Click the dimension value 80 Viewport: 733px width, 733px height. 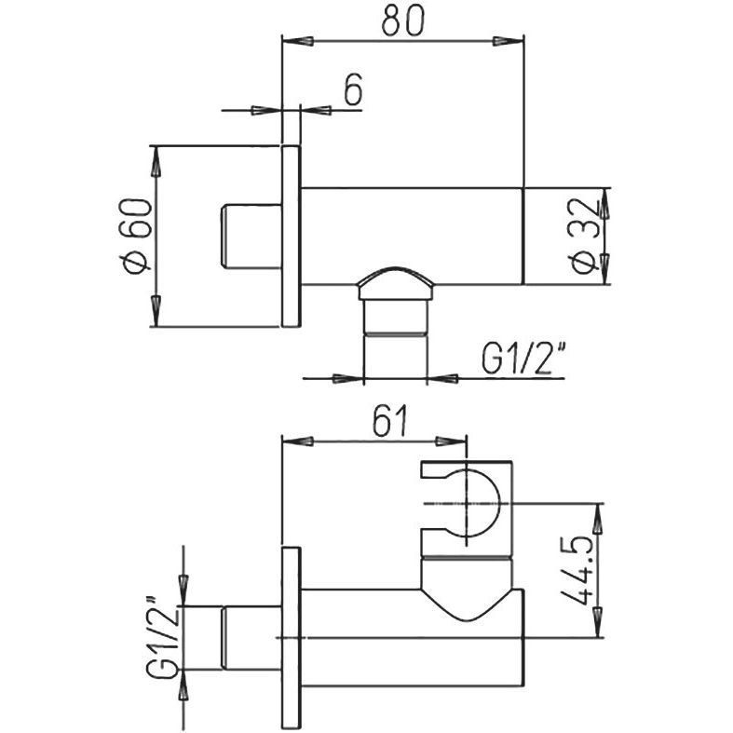[402, 21]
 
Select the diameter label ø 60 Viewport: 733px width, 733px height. [137, 236]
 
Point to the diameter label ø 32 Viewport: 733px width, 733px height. [584, 236]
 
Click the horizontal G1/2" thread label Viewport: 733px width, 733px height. [524, 359]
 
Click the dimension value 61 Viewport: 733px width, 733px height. [390, 421]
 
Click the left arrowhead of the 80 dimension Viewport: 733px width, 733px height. [297, 41]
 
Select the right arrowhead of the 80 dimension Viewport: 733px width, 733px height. [509, 41]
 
